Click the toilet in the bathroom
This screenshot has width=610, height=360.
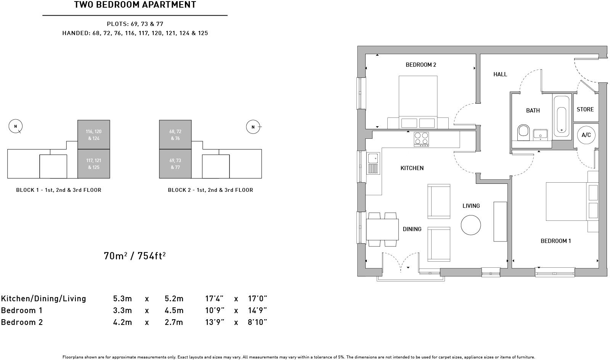point(523,132)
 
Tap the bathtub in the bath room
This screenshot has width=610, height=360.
point(561,117)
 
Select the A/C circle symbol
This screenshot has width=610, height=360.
point(586,135)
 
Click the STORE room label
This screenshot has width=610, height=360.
point(585,109)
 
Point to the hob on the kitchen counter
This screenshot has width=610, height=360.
point(421,139)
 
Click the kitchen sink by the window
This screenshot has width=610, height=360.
point(373,164)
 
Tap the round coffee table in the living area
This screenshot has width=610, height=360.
point(471,225)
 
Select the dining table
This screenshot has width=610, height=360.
point(382,229)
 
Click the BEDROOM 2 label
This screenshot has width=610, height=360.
point(421,65)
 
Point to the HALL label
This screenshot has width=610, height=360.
point(500,74)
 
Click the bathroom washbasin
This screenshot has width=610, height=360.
point(540,135)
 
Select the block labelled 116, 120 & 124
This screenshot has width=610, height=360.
point(94,135)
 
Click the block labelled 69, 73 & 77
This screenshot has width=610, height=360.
point(175,164)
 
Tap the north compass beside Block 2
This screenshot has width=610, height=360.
point(253,127)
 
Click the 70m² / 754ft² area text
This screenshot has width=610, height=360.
point(135,256)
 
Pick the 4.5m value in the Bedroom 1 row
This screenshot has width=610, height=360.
point(174,310)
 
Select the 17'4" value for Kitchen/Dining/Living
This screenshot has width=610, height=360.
point(214,299)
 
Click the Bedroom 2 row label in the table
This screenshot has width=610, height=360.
point(22,322)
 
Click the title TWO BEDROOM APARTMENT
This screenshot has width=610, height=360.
point(135,5)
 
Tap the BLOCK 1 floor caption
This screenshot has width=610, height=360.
point(59,190)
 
